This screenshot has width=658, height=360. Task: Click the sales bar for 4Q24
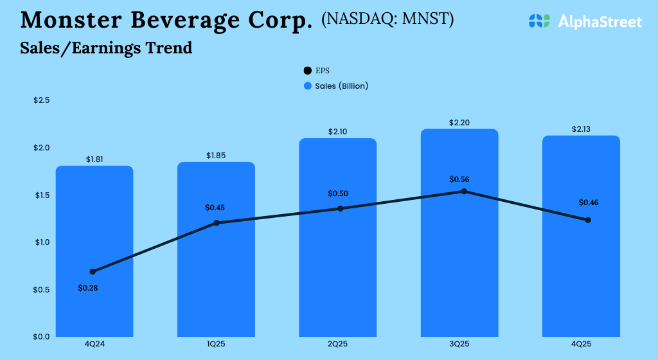click(x=94, y=251)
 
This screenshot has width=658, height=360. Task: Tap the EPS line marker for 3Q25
click(x=464, y=192)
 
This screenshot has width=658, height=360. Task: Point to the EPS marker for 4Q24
click(x=93, y=272)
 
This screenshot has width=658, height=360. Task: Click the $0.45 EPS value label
click(x=216, y=208)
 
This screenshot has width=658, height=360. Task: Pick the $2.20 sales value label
click(x=459, y=122)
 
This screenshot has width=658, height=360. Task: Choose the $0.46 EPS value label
click(x=589, y=203)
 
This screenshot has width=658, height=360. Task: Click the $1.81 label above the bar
click(x=94, y=159)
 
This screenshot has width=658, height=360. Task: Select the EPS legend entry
click(x=317, y=71)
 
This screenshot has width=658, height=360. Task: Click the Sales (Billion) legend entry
click(x=336, y=85)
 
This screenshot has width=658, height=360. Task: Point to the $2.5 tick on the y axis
click(x=42, y=100)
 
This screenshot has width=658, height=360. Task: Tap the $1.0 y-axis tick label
click(x=42, y=242)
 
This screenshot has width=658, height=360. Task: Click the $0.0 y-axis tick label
click(x=42, y=336)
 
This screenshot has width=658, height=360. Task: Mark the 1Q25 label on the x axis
click(x=216, y=345)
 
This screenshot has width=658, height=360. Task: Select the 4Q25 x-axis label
click(x=582, y=345)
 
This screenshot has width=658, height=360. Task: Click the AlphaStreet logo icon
click(x=540, y=21)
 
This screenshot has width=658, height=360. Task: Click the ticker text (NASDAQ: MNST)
click(x=387, y=19)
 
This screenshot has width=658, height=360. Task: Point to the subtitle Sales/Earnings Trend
click(x=106, y=48)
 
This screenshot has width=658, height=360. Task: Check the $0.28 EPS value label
click(x=88, y=288)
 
